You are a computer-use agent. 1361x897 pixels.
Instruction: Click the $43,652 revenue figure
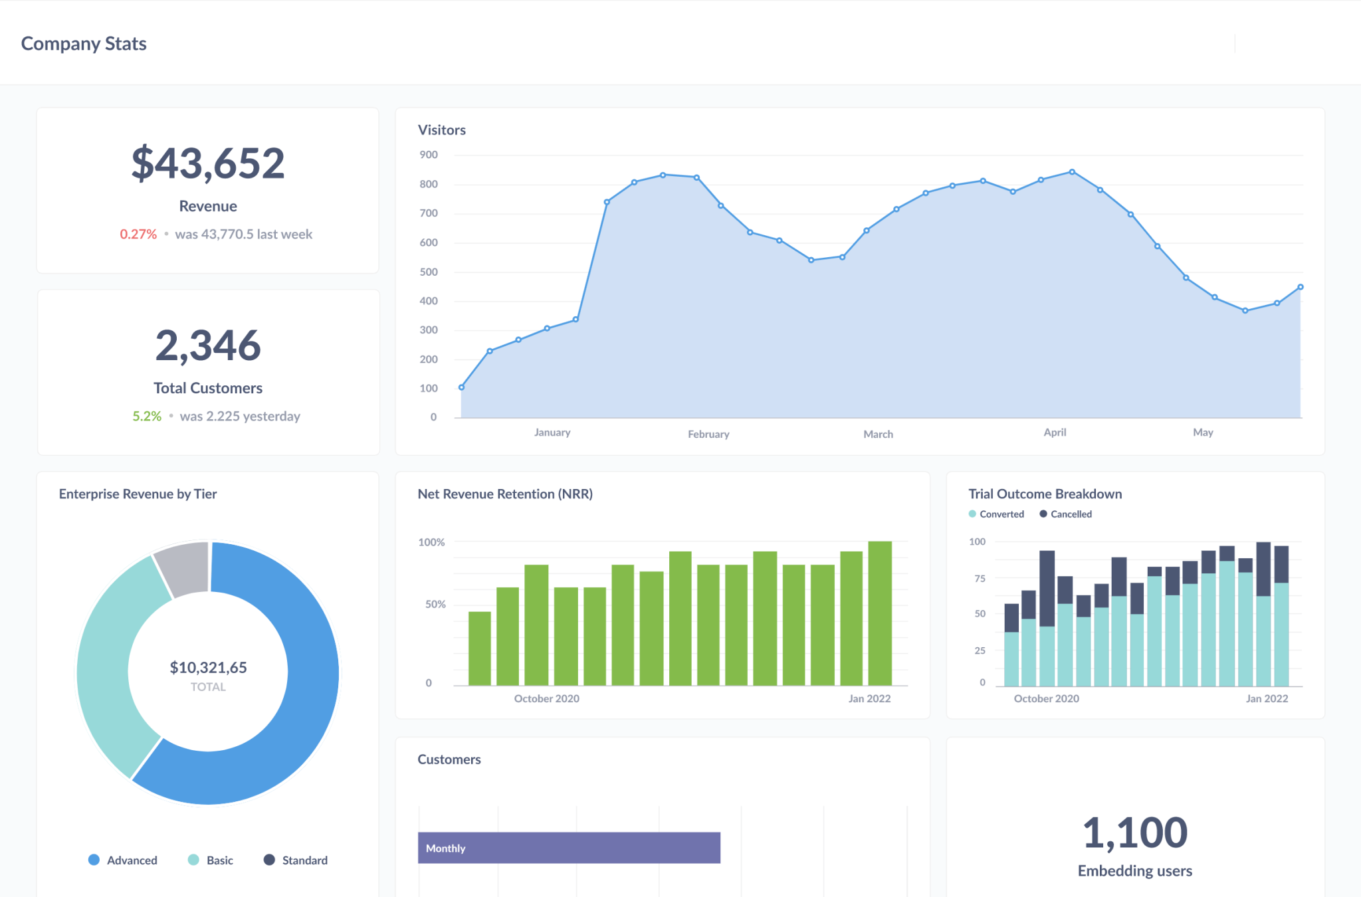coord(208,163)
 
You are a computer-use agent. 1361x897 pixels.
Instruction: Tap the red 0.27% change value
coord(138,234)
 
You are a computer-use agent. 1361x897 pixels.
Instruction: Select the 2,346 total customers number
coord(208,346)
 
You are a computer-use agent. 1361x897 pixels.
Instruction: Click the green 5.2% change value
coord(147,416)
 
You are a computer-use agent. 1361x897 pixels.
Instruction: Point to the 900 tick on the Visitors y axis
coord(429,155)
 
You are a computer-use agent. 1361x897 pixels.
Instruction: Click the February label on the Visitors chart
coord(708,434)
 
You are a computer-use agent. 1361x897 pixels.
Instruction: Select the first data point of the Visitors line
coord(462,387)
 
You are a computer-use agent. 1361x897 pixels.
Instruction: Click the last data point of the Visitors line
coord(1301,287)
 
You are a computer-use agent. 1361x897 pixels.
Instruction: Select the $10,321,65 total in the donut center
coord(208,668)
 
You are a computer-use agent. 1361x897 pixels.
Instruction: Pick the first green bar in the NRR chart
coord(480,648)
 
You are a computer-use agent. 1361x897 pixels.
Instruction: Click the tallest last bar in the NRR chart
coord(880,613)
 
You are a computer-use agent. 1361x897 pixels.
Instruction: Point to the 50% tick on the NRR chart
coord(435,605)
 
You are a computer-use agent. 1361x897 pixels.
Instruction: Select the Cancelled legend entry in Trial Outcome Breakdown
coord(1066,514)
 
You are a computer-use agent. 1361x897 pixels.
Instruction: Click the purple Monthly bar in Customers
coord(569,848)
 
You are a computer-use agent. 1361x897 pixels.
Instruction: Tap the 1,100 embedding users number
coord(1135,833)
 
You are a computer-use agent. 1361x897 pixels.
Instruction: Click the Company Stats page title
coord(84,44)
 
